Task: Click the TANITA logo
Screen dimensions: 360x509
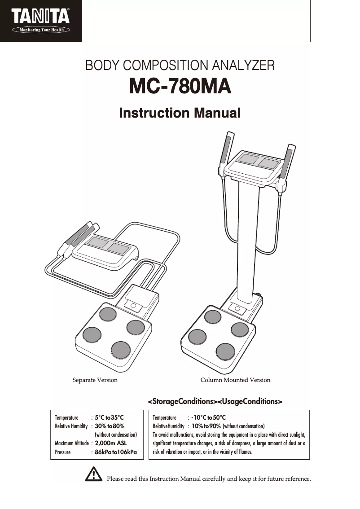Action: [41, 17]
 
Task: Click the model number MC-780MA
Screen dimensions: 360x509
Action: [180, 87]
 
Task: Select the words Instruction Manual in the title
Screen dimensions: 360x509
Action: [180, 113]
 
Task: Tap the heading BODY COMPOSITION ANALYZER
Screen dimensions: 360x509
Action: [180, 66]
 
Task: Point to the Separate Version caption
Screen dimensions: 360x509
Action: [95, 380]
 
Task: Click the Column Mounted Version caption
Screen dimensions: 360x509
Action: [235, 380]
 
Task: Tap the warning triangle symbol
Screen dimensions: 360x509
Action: [94, 474]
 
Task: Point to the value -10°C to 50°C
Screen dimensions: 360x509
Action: [208, 417]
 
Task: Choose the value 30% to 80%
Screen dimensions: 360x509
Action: [110, 426]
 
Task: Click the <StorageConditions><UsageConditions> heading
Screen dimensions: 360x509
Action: [215, 400]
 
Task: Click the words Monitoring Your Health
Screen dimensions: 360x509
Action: [41, 30]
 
